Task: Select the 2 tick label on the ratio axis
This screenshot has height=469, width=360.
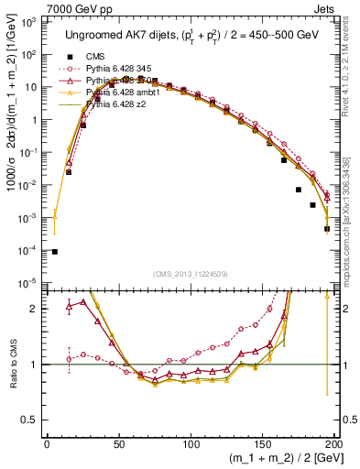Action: tap(35, 309)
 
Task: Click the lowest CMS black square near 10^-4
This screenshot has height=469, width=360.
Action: tap(54, 252)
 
